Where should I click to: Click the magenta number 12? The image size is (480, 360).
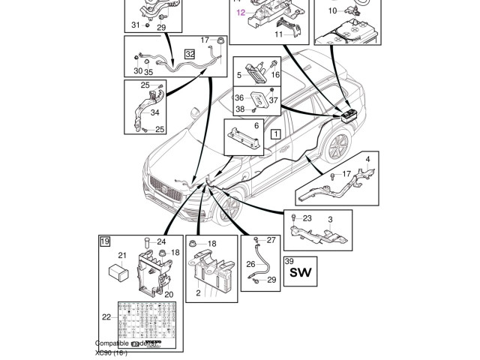[x=241, y=13]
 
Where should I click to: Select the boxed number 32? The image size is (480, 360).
[x=190, y=54]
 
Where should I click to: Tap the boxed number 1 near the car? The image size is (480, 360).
[x=275, y=135]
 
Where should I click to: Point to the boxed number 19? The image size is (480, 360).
[x=105, y=241]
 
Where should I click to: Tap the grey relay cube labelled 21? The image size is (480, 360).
[x=118, y=271]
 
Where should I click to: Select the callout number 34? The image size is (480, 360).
[x=154, y=113]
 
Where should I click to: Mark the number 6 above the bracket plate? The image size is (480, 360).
[x=256, y=126]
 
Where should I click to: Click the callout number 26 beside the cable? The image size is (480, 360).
[x=250, y=264]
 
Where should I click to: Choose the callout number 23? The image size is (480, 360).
[x=307, y=218]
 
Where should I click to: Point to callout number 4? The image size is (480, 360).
[x=367, y=160]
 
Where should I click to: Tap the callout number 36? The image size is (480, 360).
[x=239, y=97]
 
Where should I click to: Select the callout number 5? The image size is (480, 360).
[x=239, y=75]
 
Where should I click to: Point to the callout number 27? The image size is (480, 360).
[x=271, y=240]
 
